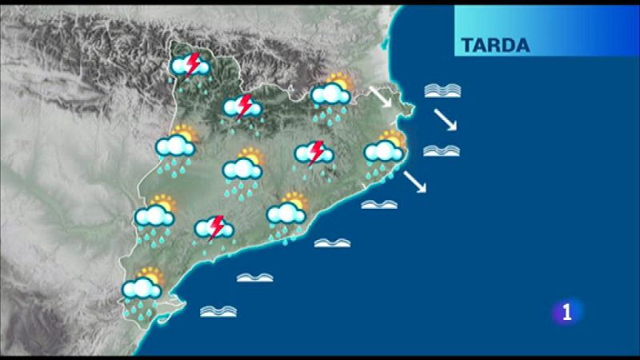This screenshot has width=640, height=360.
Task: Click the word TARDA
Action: (495, 45)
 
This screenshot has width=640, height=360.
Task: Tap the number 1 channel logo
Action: (567, 312)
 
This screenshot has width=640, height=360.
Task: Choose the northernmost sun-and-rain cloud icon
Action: (331, 94)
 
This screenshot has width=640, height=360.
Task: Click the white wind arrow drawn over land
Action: (379, 97)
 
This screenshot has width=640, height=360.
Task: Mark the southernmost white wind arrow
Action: (414, 182)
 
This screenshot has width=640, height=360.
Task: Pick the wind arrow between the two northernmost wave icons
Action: (445, 120)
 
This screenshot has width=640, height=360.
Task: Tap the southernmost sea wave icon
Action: (218, 310)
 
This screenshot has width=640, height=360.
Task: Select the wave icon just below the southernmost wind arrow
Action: (379, 205)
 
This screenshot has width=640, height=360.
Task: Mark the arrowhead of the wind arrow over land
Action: (387, 105)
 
